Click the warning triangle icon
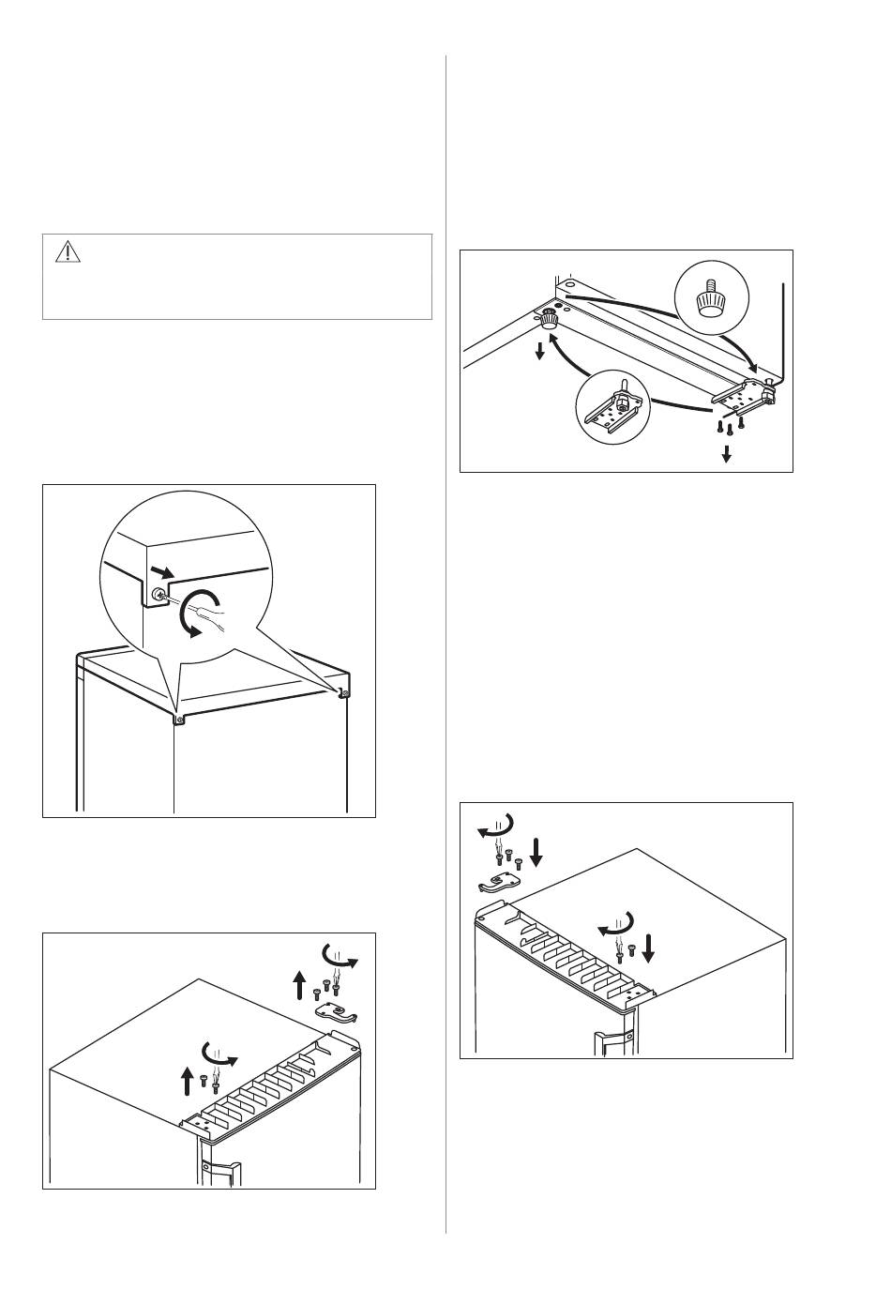click(x=68, y=251)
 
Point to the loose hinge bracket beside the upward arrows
click(x=335, y=1010)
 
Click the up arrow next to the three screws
click(x=299, y=986)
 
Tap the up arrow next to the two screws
click(x=187, y=1082)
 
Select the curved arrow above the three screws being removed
click(x=340, y=956)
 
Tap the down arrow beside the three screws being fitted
click(x=536, y=852)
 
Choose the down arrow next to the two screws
click(x=649, y=949)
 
